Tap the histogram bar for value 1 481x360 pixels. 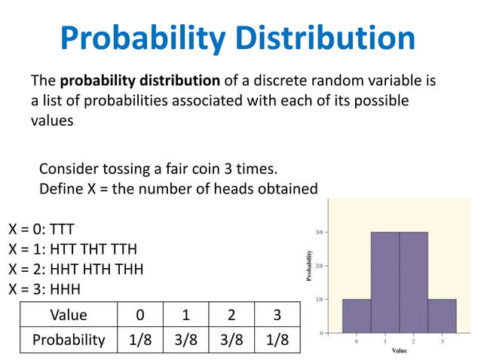384,282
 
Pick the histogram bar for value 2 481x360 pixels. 413,282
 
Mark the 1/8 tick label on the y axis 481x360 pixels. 320,299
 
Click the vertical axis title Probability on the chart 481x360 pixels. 308,267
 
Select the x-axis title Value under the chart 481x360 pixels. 399,350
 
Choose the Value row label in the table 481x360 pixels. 68,315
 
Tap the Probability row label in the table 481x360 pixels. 68,340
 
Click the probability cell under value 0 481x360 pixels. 140,340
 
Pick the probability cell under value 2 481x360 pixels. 231,340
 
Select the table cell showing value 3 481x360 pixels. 277,315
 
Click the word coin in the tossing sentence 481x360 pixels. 197,167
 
